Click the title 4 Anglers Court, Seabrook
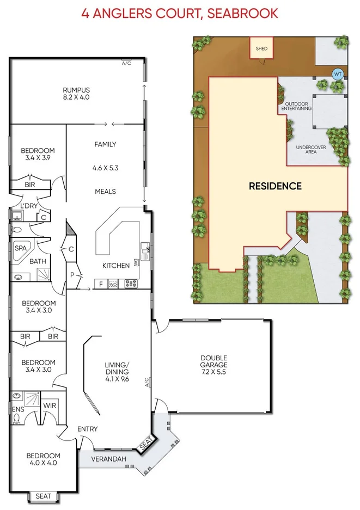(180, 13)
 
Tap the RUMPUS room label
(76, 90)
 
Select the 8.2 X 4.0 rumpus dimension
(76, 97)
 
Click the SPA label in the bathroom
(20, 248)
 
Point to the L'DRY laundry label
(28, 205)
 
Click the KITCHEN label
(116, 266)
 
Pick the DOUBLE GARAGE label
(213, 361)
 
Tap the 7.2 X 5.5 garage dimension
(213, 373)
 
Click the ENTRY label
(87, 429)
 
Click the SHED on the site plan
(261, 48)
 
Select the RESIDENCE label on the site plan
(275, 186)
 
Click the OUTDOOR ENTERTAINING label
(296, 106)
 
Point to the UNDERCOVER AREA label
(307, 149)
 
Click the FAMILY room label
(105, 144)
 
